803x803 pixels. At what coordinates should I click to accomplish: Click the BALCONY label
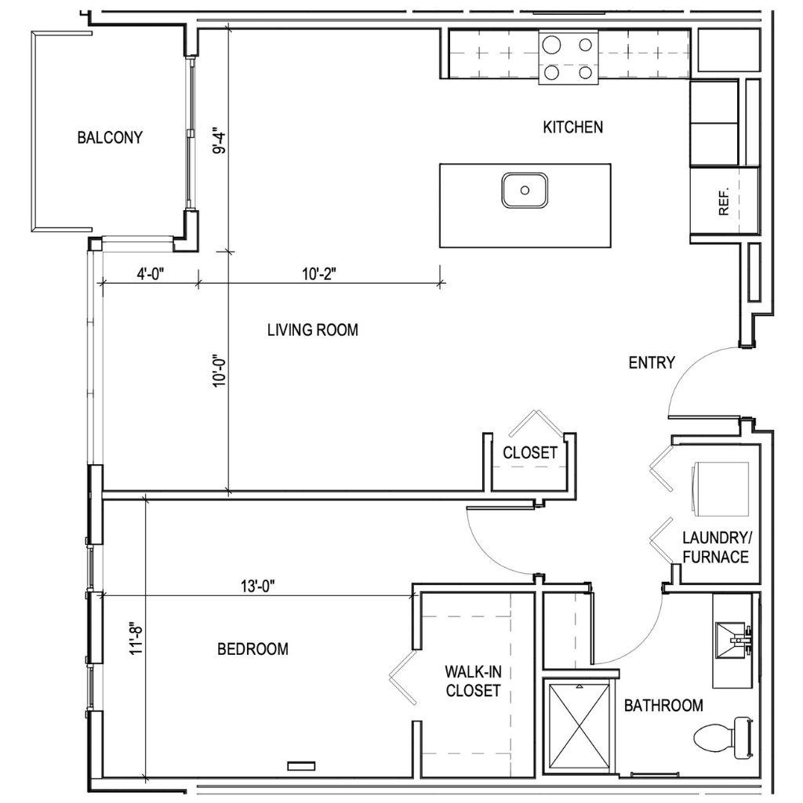click(110, 138)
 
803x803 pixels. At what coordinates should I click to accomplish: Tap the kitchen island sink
click(525, 189)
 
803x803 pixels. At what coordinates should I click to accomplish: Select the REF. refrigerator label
click(723, 201)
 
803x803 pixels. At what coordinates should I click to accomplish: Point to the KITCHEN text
click(573, 127)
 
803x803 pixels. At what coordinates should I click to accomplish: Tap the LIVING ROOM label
click(312, 330)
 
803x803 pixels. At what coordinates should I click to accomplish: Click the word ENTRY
click(652, 362)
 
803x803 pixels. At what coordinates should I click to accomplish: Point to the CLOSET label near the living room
click(530, 453)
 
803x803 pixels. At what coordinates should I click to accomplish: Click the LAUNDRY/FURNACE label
click(717, 548)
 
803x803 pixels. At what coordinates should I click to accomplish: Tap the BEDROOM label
click(253, 649)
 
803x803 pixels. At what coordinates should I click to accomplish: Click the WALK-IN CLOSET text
click(472, 681)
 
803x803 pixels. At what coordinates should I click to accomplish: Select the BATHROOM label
click(663, 706)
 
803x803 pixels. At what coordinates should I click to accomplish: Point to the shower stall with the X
click(577, 726)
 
